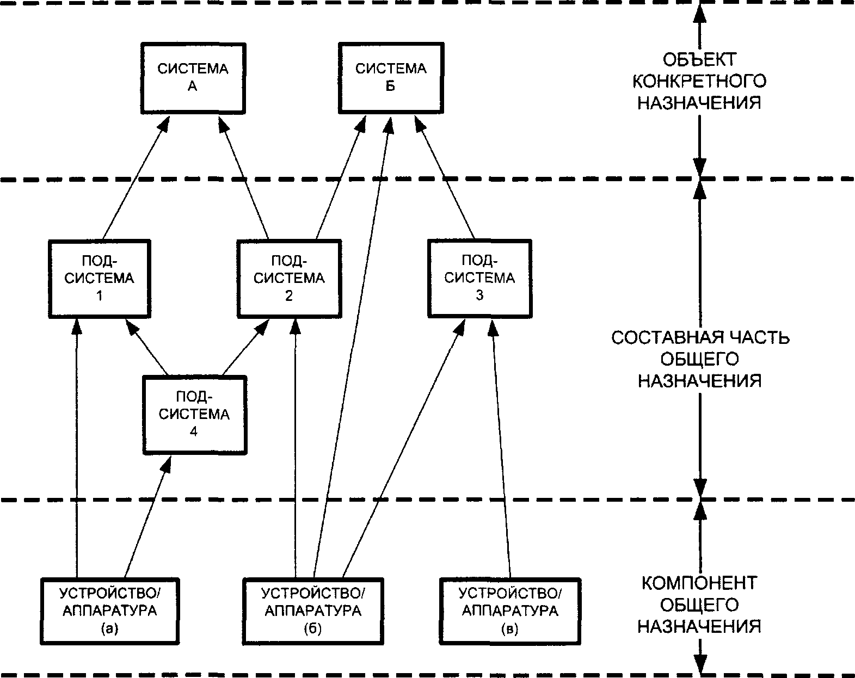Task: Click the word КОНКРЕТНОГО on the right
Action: click(x=699, y=82)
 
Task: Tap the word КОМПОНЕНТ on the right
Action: click(x=699, y=583)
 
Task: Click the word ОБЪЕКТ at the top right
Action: click(x=699, y=59)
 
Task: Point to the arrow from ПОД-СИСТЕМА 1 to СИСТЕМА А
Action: click(x=136, y=177)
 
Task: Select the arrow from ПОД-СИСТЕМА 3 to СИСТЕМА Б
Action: click(x=445, y=177)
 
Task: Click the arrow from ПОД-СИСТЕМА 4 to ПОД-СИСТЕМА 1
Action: click(x=146, y=347)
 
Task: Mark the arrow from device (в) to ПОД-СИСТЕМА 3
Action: click(x=501, y=449)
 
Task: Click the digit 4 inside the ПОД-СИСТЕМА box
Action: click(x=194, y=432)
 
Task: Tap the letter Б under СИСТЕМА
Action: click(x=391, y=86)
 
